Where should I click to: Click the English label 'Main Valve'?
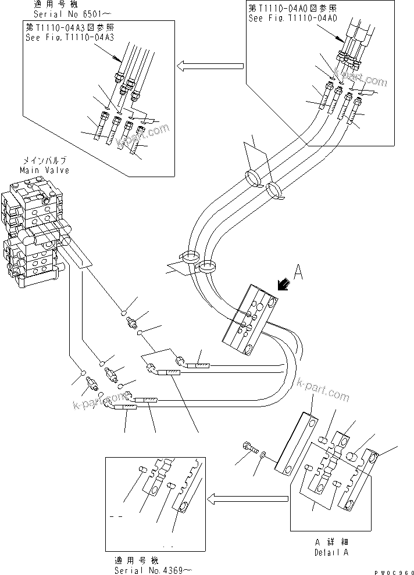(44, 170)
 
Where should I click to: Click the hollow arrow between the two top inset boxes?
(209, 66)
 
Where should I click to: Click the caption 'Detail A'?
(331, 552)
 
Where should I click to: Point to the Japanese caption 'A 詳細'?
(331, 543)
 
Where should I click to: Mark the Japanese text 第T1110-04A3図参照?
(69, 27)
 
